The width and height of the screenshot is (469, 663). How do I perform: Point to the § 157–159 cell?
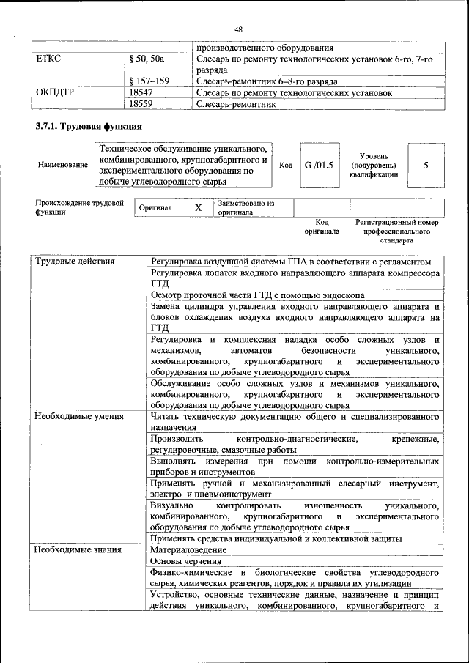click(x=149, y=81)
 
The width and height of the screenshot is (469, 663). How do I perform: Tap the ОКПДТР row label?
click(x=55, y=93)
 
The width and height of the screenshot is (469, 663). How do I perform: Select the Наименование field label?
click(x=62, y=166)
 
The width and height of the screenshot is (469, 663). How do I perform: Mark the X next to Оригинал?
click(x=198, y=208)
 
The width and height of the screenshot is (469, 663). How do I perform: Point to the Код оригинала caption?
click(x=322, y=226)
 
